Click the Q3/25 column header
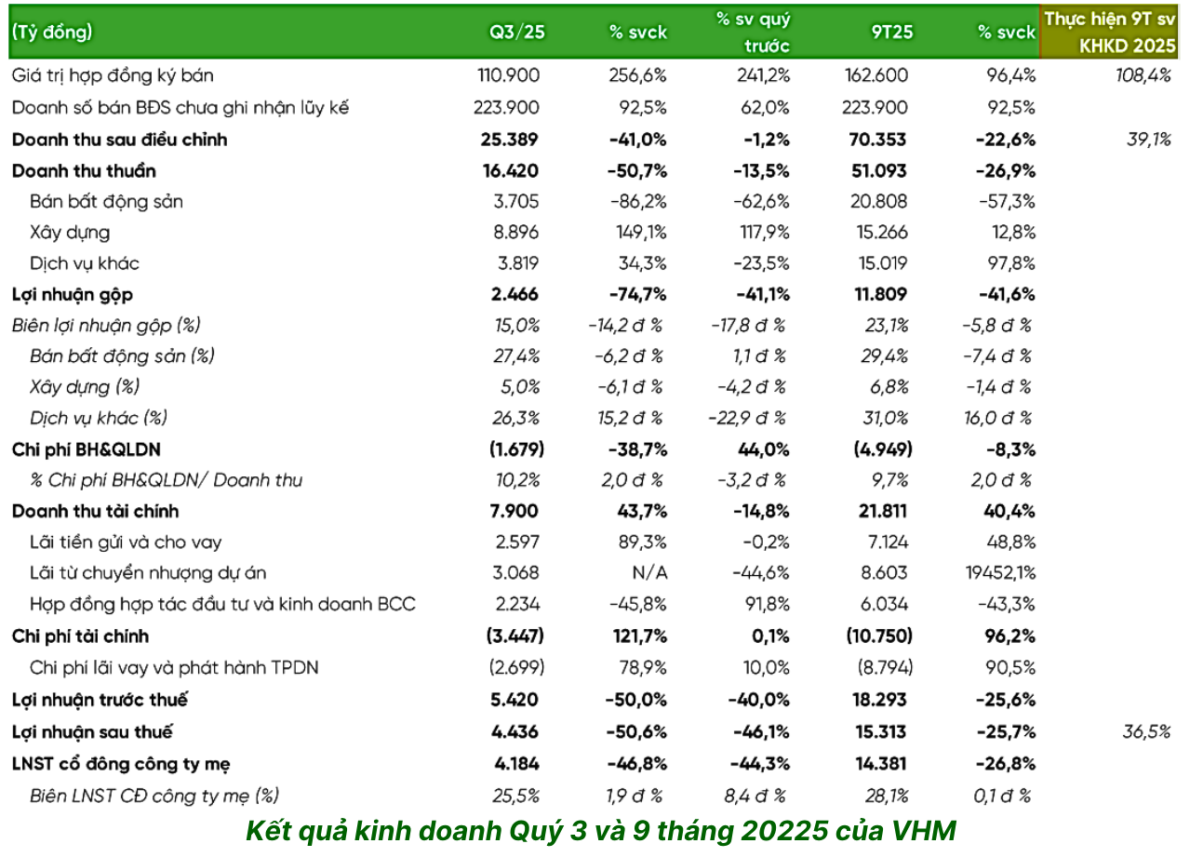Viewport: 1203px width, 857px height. pos(517,32)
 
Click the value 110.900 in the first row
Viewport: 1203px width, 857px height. pos(509,76)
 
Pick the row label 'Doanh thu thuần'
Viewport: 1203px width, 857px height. pos(84,170)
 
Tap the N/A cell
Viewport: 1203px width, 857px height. pos(649,573)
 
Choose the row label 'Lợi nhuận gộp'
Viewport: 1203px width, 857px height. pos(72,295)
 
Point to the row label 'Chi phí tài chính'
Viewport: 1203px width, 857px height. pos(80,636)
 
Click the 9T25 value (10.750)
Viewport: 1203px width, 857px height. pos(879,636)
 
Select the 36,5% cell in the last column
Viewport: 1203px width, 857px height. pos(1146,732)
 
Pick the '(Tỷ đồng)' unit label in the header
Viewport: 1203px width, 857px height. pos(52,32)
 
